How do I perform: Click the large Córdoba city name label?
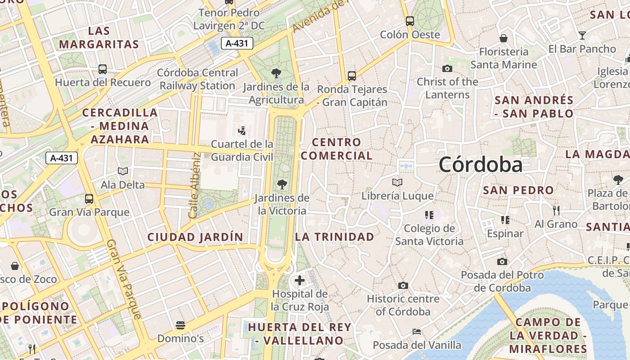pyautogui.click(x=481, y=165)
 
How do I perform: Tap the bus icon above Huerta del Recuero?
pyautogui.click(x=103, y=69)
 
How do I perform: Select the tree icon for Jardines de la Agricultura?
pyautogui.click(x=276, y=73)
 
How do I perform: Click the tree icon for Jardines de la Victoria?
pyautogui.click(x=282, y=184)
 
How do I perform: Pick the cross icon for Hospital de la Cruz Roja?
pyautogui.click(x=300, y=281)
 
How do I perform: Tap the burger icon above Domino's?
pyautogui.click(x=180, y=325)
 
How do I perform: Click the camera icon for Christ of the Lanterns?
pyautogui.click(x=447, y=68)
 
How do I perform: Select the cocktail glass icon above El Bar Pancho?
pyautogui.click(x=582, y=35)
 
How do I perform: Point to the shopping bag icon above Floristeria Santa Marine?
pyautogui.click(x=504, y=38)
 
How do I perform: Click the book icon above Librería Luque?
pyautogui.click(x=397, y=182)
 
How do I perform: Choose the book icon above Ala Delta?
pyautogui.click(x=122, y=171)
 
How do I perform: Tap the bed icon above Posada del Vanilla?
pyautogui.click(x=417, y=332)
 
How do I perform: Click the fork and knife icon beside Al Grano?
pyautogui.click(x=556, y=210)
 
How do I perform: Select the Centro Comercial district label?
pyautogui.click(x=337, y=149)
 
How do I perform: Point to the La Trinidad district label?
pyautogui.click(x=334, y=237)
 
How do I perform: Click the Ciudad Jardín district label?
pyautogui.click(x=195, y=237)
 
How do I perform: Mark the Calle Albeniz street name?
pyautogui.click(x=194, y=185)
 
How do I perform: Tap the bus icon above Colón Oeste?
pyautogui.click(x=409, y=21)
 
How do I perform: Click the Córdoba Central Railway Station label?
pyautogui.click(x=198, y=79)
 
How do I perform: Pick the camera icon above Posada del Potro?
pyautogui.click(x=502, y=261)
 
